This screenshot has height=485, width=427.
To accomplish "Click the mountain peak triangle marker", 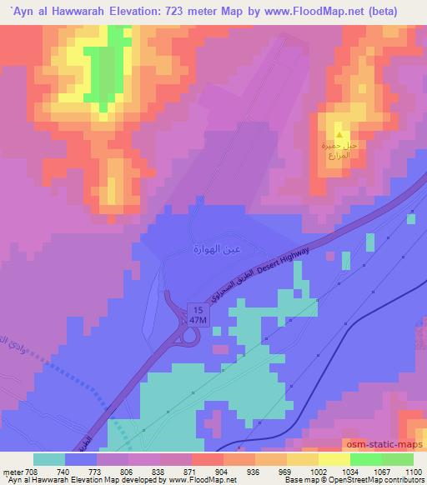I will coord(339,133).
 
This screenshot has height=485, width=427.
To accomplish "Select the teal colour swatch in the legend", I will coord(49,458).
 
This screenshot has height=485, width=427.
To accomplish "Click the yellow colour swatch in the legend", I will coord(334,458).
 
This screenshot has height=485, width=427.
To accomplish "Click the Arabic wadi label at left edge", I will coord(12,350).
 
